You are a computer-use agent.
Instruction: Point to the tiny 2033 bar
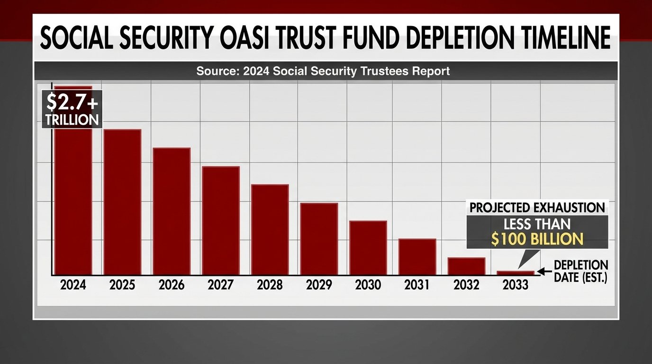click(x=516, y=273)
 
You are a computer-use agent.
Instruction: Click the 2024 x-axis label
click(x=73, y=285)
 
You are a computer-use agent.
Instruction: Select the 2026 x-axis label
click(x=172, y=285)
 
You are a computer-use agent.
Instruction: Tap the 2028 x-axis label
click(x=270, y=285)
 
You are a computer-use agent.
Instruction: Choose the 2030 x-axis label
click(x=368, y=285)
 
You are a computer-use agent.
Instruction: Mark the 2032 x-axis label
click(x=466, y=285)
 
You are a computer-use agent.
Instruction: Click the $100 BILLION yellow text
click(x=536, y=239)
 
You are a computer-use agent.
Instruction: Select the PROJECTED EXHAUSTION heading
click(x=536, y=208)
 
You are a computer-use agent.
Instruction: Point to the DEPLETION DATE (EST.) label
click(x=580, y=271)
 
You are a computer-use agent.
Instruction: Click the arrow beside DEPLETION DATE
click(x=544, y=272)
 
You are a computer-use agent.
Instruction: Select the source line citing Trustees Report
click(x=323, y=72)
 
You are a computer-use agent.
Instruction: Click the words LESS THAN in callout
click(x=536, y=224)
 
